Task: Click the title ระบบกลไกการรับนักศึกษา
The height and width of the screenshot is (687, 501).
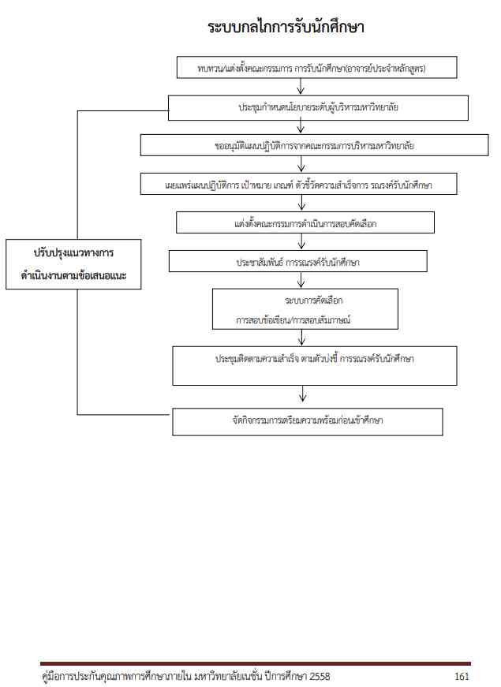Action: tap(286, 28)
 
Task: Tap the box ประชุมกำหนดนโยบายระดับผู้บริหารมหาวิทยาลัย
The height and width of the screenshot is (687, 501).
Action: tap(320, 106)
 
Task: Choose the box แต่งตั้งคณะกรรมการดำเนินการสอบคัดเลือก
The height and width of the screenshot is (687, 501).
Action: tap(305, 222)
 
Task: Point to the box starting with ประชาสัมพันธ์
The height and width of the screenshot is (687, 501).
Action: tap(298, 261)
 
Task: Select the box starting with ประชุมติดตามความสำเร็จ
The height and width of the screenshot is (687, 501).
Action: tap(314, 365)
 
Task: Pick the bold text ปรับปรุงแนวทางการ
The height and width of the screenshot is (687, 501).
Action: tap(74, 254)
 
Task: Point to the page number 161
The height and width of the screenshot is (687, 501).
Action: tap(462, 677)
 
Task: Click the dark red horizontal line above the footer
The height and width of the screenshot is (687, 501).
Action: tap(255, 664)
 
